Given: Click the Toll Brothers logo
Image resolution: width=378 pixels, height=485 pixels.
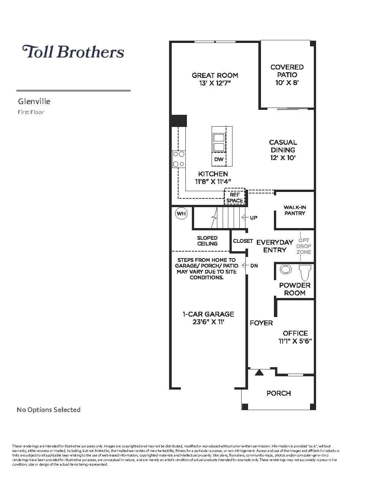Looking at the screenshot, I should click(73, 52).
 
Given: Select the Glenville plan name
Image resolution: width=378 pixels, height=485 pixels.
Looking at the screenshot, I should click(34, 101).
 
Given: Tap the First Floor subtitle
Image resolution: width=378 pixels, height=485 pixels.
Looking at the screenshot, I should click(31, 112).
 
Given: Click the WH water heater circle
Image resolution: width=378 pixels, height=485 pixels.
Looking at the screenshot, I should click(181, 214).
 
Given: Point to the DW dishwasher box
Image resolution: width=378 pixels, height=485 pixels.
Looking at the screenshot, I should click(219, 159).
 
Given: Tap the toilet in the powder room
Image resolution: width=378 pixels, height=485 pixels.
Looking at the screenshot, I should click(305, 272).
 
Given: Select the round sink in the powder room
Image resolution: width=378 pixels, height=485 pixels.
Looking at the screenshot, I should click(285, 270).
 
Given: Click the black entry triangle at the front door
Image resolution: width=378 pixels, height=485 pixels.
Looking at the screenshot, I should click(259, 372).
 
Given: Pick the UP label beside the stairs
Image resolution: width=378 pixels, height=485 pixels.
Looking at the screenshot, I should click(253, 218).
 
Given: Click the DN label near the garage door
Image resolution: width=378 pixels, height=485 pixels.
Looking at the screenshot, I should click(254, 266).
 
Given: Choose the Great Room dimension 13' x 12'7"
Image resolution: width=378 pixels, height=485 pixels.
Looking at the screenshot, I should click(215, 83).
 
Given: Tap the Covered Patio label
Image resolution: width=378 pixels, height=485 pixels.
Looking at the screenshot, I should click(287, 71).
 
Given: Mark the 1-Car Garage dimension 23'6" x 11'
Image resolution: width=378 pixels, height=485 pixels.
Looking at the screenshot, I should click(209, 322).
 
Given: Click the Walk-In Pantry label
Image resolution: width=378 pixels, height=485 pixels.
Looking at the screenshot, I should click(294, 210).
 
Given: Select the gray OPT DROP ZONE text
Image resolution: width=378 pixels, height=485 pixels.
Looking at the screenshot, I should click(304, 246).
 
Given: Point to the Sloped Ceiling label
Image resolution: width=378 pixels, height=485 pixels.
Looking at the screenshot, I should click(207, 241).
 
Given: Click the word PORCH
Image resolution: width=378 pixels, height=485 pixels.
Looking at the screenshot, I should click(278, 393).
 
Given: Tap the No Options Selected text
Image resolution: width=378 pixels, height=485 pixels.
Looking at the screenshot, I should click(49, 410).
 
